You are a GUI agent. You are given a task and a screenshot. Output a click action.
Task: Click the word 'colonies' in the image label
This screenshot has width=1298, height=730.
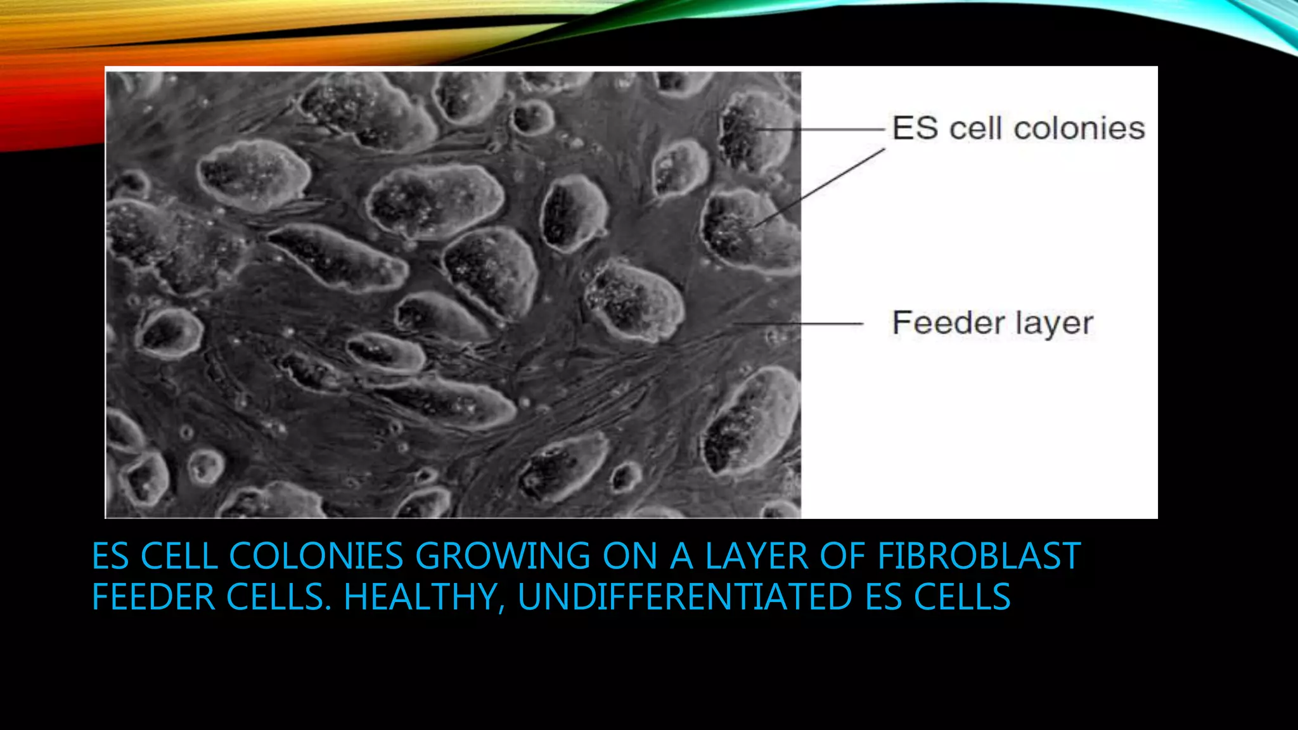1079,129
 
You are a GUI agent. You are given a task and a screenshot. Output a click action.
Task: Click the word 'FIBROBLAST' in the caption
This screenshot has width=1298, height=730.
979,556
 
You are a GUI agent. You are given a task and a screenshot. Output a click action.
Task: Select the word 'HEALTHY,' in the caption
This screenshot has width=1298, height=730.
424,597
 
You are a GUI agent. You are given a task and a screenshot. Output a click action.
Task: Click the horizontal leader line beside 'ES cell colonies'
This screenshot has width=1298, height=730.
824,129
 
